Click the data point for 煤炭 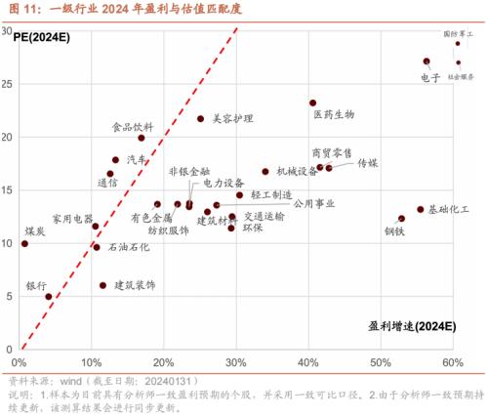tap(24, 243)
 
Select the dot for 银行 tap(49, 297)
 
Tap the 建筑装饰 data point tap(103, 286)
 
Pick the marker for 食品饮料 tap(142, 139)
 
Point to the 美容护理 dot tap(201, 119)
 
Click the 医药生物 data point tap(312, 103)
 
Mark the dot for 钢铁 tap(401, 219)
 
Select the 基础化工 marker tap(421, 210)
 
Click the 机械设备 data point tap(265, 172)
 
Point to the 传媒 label tap(368, 163)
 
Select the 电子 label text tap(430, 77)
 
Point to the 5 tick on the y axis tap(9, 297)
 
